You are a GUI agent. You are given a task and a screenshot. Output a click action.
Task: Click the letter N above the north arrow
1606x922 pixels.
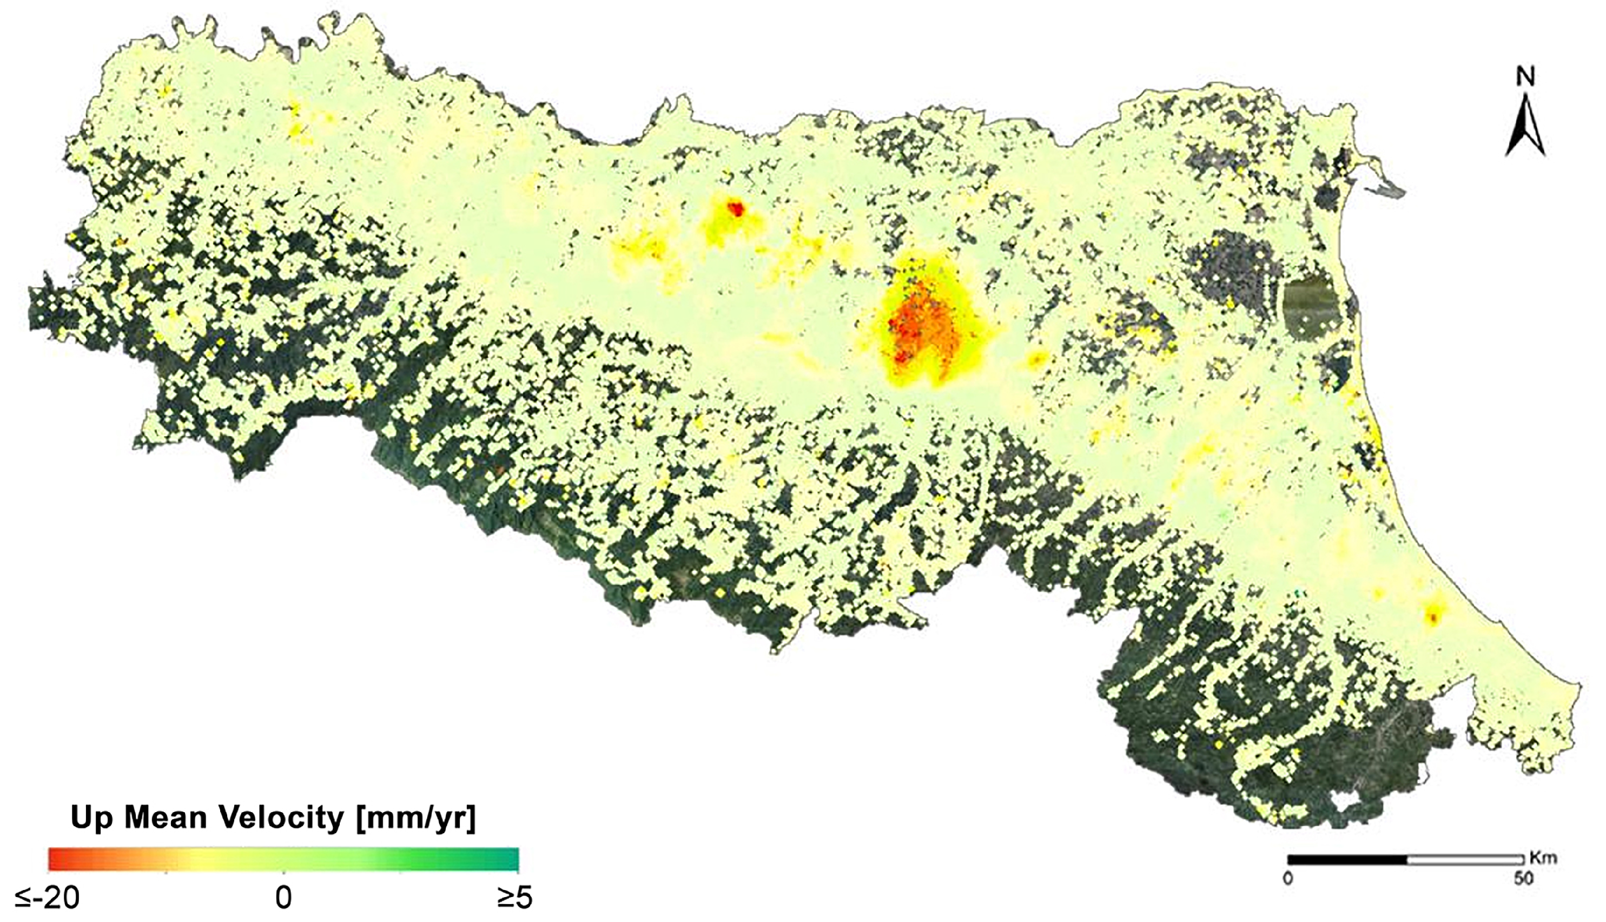[1525, 77]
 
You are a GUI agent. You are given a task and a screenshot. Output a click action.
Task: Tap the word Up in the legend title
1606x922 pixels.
[92, 818]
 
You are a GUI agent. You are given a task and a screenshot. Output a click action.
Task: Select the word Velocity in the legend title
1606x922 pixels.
[280, 818]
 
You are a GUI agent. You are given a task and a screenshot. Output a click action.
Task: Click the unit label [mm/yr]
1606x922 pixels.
[415, 818]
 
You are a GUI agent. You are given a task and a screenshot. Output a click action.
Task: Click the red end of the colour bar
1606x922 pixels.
[57, 859]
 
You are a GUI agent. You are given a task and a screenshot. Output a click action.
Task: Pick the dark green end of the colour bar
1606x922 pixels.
[510, 859]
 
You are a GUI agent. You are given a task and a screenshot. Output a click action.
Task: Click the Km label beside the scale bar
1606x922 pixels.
[1543, 858]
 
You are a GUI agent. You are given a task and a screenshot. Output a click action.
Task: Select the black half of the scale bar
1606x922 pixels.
[1347, 860]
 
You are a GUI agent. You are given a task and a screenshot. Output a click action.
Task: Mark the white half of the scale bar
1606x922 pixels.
[1465, 860]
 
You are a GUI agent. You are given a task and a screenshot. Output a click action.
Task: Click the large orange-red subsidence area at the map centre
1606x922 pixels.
[921, 332]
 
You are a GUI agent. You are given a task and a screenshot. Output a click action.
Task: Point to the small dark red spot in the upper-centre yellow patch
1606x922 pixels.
[736, 208]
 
